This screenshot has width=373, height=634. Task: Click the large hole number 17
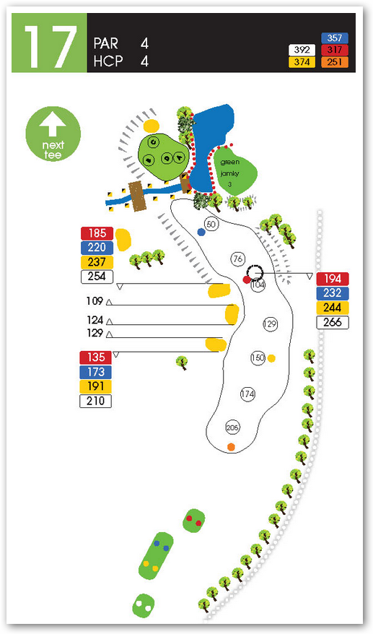click(x=50, y=48)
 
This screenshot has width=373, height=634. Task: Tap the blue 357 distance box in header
click(x=335, y=38)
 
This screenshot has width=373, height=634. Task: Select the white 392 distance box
click(x=302, y=50)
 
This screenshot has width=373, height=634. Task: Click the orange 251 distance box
click(x=335, y=62)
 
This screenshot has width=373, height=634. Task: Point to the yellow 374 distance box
click(x=302, y=62)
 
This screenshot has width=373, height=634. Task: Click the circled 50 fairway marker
click(x=211, y=225)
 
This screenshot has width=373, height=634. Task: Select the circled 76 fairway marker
click(x=238, y=259)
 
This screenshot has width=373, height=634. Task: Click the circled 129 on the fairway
click(x=270, y=323)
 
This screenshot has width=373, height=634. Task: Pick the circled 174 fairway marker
click(x=247, y=394)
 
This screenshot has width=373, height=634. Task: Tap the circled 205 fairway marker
click(x=232, y=427)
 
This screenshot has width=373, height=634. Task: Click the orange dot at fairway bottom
click(x=231, y=447)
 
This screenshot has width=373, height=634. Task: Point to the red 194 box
click(x=332, y=279)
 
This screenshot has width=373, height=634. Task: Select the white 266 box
click(x=332, y=322)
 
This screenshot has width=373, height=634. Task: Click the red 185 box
click(x=97, y=233)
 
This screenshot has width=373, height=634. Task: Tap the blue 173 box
click(x=96, y=372)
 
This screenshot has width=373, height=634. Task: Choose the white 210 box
click(x=96, y=401)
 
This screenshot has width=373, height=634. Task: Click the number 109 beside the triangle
click(x=95, y=301)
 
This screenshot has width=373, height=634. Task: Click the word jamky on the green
click(x=230, y=173)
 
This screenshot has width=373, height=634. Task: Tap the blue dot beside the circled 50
click(x=201, y=232)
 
